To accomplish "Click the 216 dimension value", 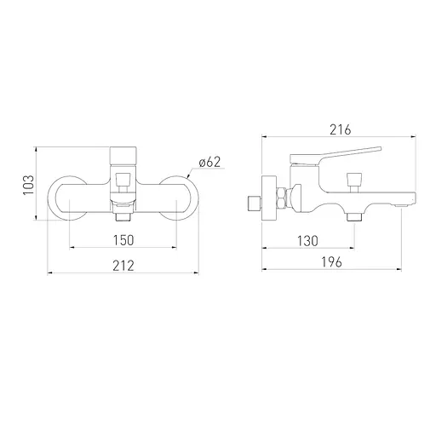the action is pyautogui.click(x=341, y=130).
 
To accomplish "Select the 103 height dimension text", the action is pyautogui.click(x=29, y=185).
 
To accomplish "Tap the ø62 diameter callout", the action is pyautogui.click(x=209, y=162).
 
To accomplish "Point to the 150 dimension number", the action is pyautogui.click(x=123, y=240).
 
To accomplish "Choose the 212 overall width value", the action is pyautogui.click(x=123, y=266).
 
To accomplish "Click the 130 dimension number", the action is pyautogui.click(x=307, y=241).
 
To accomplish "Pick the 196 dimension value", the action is pyautogui.click(x=331, y=262).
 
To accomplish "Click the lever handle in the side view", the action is pyautogui.click(x=335, y=156).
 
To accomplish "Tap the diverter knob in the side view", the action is pyautogui.click(x=355, y=182).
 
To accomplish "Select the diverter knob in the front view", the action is pyautogui.click(x=123, y=182).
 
